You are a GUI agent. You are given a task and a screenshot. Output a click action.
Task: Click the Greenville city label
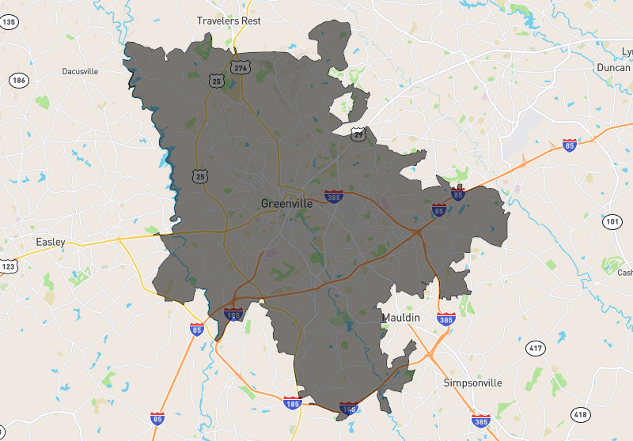click(286, 203)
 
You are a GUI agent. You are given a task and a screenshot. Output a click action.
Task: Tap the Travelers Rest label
click(229, 21)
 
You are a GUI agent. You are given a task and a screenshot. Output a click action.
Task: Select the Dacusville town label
click(80, 71)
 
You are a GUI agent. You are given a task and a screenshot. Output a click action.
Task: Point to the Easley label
click(51, 242)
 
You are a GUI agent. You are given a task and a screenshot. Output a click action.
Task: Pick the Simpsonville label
click(472, 383)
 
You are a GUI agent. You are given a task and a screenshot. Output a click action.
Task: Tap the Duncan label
click(612, 68)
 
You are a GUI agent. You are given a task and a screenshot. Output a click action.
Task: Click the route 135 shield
click(9, 22)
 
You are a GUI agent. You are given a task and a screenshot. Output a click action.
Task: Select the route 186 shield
click(18, 81)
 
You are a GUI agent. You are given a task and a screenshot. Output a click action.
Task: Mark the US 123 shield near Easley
click(7, 267)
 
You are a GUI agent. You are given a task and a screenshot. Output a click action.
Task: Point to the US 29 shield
click(359, 135)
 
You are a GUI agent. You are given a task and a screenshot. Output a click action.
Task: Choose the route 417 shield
click(536, 349)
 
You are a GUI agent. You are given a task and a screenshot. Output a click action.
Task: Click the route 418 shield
click(581, 414)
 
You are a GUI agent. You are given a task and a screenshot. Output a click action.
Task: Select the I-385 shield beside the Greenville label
click(333, 194)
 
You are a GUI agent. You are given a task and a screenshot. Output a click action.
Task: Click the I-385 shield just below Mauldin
click(445, 320)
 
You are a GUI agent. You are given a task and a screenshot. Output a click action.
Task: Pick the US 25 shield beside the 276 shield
click(216, 81)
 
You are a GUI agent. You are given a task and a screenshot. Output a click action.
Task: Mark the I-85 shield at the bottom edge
click(157, 418)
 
